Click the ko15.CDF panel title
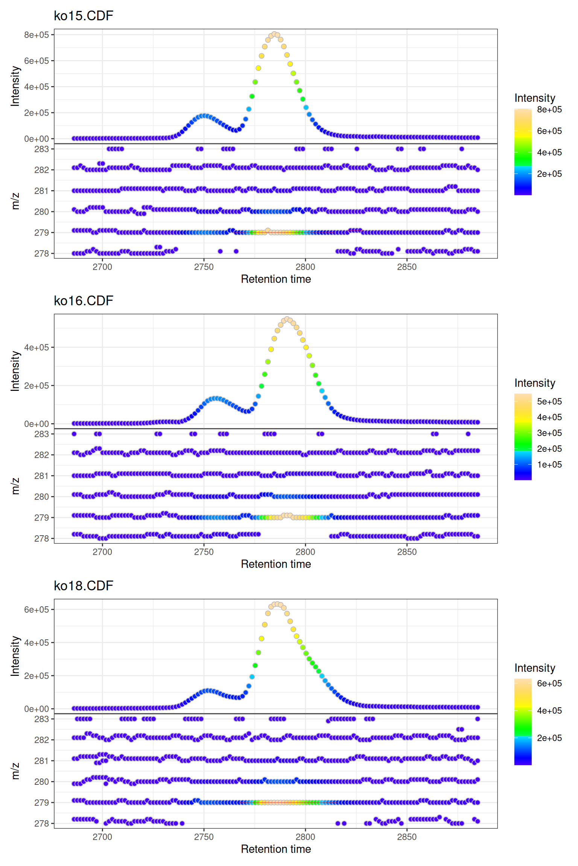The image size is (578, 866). tap(84, 16)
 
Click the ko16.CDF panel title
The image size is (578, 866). tap(84, 301)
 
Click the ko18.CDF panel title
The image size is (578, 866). tap(84, 586)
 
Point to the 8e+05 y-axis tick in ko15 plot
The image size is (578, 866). tap(37, 35)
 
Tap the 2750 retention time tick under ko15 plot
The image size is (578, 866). tap(204, 267)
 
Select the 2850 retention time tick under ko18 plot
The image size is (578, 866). tap(407, 837)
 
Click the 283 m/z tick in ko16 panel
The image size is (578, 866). tap(41, 434)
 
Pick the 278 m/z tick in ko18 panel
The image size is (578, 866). tap(41, 824)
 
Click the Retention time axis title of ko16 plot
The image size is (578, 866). tap(276, 564)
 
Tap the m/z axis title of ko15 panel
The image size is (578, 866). tap(15, 201)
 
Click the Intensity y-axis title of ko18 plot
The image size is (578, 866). tap(15, 656)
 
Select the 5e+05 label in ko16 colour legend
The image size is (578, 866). tap(549, 401)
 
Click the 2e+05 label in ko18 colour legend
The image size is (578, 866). tap(549, 738)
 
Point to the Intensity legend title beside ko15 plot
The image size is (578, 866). tap(535, 98)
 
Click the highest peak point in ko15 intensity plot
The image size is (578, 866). tap(274, 34)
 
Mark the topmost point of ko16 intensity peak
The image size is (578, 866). tap(287, 319)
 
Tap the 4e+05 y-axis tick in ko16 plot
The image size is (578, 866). tap(37, 348)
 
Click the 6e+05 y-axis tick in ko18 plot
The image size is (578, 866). tap(37, 610)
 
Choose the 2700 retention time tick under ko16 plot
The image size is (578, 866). tap(102, 552)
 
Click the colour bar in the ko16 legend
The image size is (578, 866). tap(523, 437)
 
